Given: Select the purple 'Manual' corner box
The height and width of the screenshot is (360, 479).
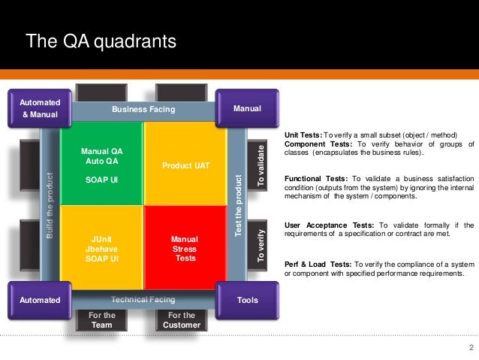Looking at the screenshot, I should click(247, 109).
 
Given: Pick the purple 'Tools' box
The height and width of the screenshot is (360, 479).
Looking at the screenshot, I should click(247, 300).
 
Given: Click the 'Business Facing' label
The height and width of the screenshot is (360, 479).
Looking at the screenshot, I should click(143, 110).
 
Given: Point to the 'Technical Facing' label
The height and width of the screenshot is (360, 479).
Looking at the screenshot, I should click(143, 299).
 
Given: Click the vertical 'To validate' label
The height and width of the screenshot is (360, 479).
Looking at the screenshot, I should click(261, 165).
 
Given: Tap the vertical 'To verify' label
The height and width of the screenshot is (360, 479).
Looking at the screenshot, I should click(261, 245).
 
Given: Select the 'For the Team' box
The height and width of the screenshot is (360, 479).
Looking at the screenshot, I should click(101, 320).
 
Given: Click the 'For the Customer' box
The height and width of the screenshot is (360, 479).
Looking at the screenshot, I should click(181, 320).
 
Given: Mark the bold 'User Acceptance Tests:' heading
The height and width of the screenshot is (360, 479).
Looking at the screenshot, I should click(328, 225).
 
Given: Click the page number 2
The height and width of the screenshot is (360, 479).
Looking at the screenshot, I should click(470, 347).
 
